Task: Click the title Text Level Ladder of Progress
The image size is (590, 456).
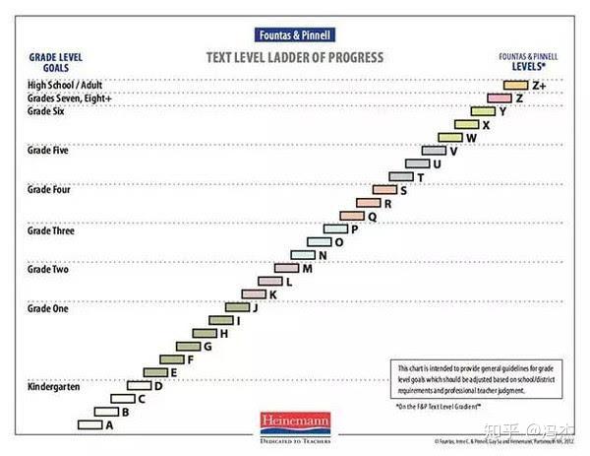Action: [296, 57]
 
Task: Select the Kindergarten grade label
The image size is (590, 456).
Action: [54, 387]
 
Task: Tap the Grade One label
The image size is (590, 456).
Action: [48, 308]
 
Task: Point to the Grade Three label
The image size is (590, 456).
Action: [50, 229]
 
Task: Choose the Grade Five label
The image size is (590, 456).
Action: [48, 150]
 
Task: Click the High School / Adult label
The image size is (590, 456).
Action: [65, 86]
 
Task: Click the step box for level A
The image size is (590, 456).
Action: [89, 424]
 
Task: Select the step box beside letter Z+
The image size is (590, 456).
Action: [517, 86]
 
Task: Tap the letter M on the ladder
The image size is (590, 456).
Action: [308, 268]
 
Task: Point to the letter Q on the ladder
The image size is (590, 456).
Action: [373, 216]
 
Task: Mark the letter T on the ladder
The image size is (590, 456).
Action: [421, 177]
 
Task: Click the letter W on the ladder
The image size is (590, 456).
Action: [471, 138]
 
